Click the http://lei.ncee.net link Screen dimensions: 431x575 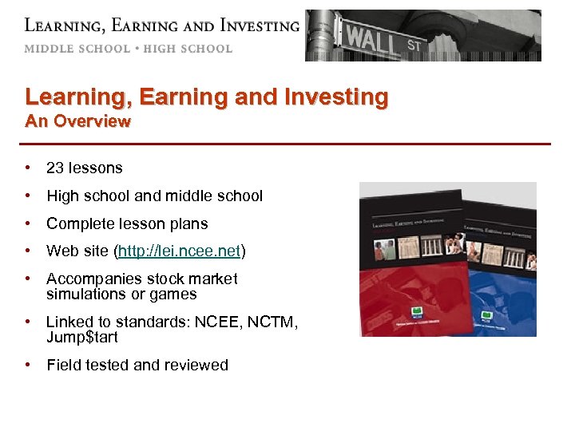click(179, 251)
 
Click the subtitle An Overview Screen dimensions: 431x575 click(77, 121)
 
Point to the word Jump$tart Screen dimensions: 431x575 click(81, 337)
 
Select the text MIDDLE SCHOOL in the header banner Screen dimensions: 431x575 click(77, 49)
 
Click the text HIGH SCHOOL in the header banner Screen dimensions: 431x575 click(188, 49)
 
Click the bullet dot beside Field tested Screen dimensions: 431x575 click(28, 365)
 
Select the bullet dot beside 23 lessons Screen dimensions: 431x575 click(28, 168)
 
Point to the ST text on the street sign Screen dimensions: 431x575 click(414, 45)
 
